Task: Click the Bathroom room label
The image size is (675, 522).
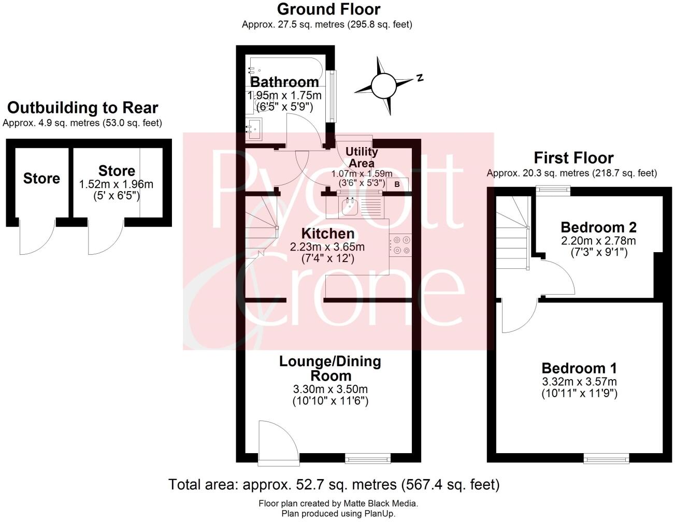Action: pyautogui.click(x=284, y=82)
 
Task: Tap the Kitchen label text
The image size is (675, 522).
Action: pyautogui.click(x=321, y=234)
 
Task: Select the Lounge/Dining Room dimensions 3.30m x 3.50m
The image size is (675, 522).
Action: pyautogui.click(x=331, y=389)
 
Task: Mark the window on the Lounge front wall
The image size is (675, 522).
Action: pyautogui.click(x=368, y=458)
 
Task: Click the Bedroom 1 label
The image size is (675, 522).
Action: pyautogui.click(x=579, y=368)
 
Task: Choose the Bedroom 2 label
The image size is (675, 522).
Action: pyautogui.click(x=598, y=227)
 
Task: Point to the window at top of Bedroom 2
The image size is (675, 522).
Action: pyautogui.click(x=553, y=191)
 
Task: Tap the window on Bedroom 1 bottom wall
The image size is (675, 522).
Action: pyautogui.click(x=607, y=458)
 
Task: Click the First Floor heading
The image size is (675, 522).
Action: pyautogui.click(x=573, y=157)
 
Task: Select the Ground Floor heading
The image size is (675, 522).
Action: pyautogui.click(x=328, y=9)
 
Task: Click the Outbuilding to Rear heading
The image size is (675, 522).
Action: pyautogui.click(x=82, y=108)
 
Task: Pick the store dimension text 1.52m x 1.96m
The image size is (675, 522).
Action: pyautogui.click(x=116, y=184)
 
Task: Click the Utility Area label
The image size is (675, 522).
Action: pyautogui.click(x=362, y=157)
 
